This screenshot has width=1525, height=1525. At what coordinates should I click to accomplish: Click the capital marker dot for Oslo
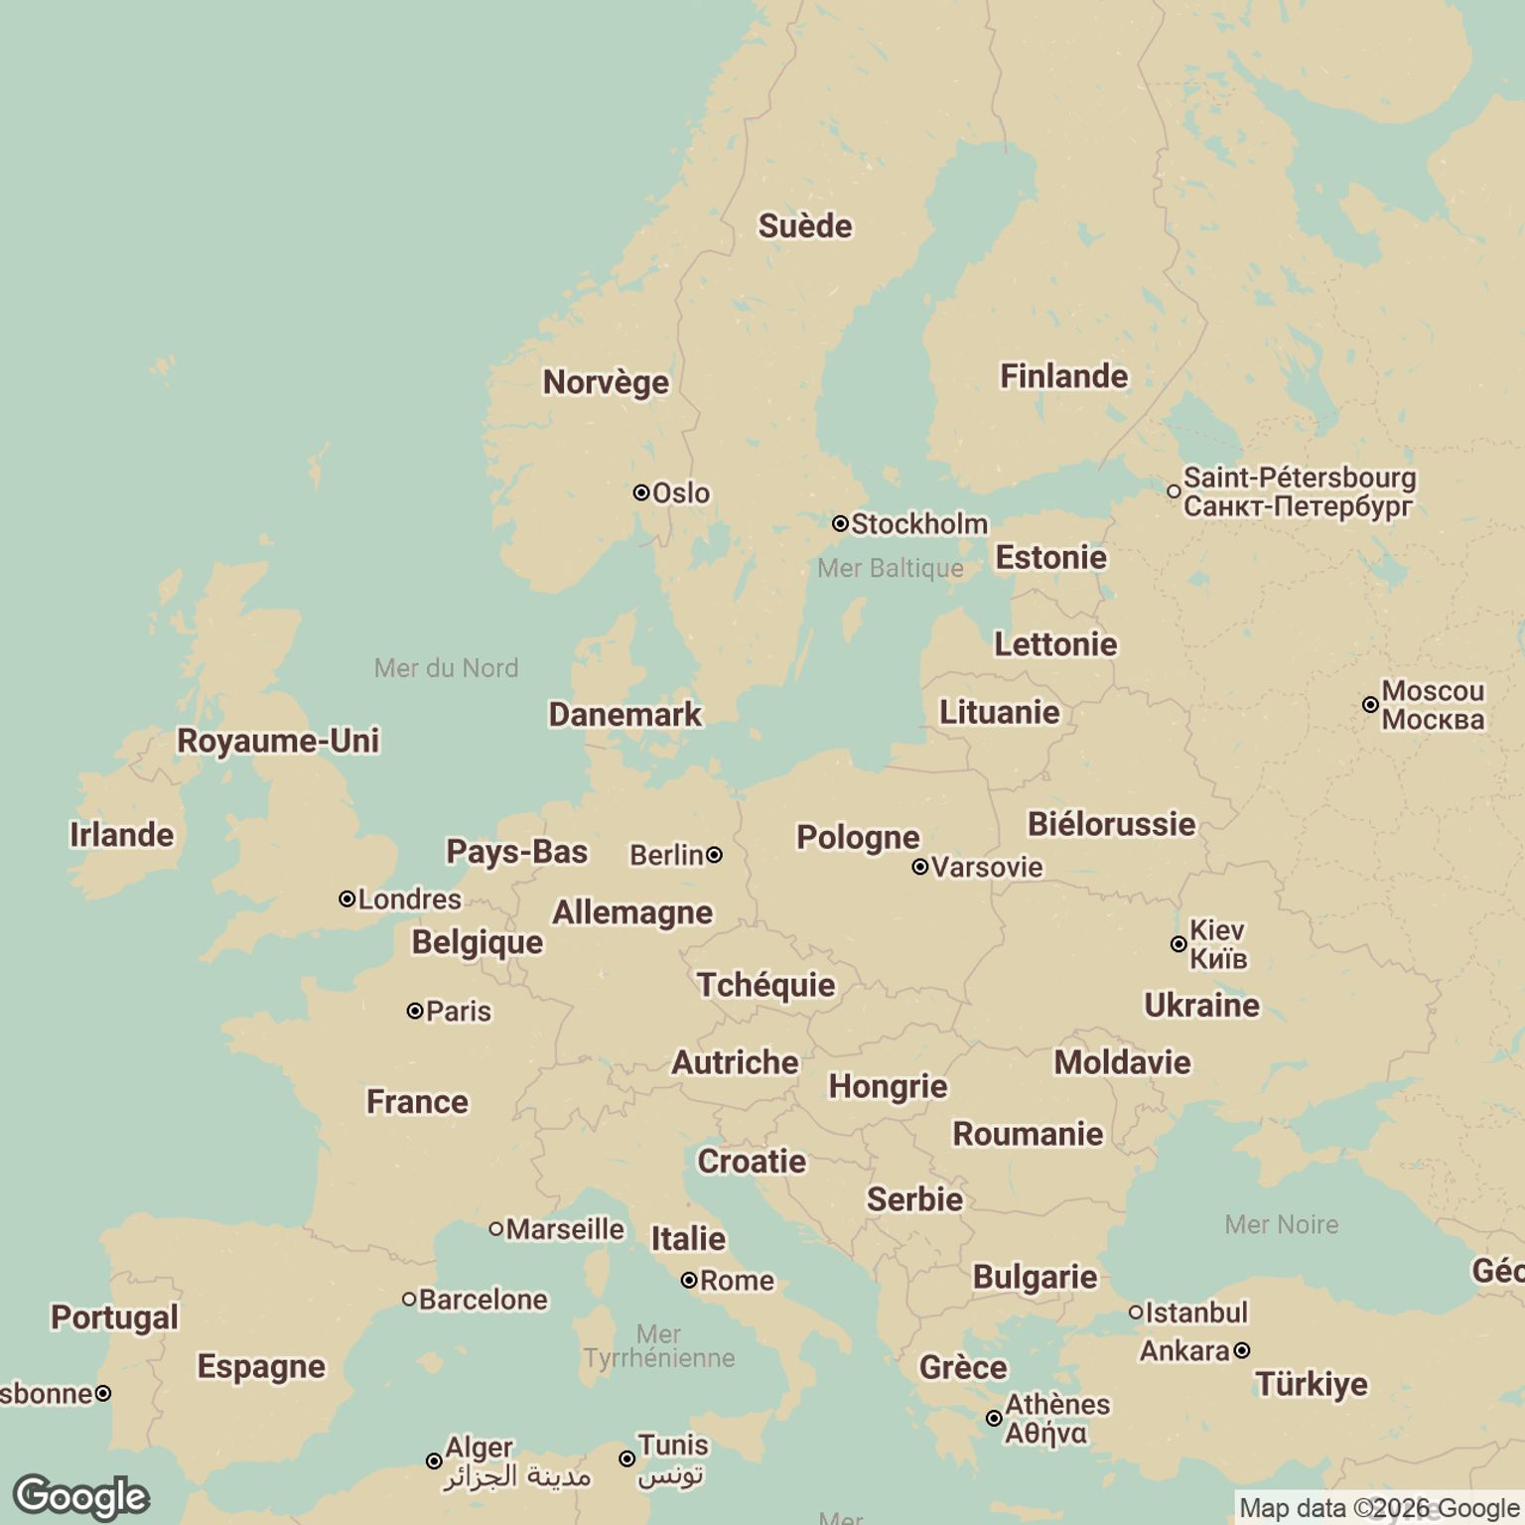tap(641, 492)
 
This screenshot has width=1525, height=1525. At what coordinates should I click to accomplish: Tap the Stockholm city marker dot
tap(840, 523)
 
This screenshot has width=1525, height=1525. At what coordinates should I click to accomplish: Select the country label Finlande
tap(1063, 376)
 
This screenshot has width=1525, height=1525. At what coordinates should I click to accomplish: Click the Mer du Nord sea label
tap(446, 668)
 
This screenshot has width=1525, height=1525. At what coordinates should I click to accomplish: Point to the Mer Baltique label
tap(890, 568)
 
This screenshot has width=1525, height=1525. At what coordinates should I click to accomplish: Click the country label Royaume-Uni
tap(278, 741)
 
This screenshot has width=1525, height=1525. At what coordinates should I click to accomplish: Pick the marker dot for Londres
tap(347, 900)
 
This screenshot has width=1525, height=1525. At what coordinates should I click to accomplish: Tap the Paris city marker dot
tap(415, 1011)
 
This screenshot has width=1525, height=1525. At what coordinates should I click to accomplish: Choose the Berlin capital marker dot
tap(714, 854)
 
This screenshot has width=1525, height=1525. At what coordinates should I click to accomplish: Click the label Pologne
tap(858, 837)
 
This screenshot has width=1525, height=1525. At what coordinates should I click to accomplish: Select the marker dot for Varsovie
tap(920, 867)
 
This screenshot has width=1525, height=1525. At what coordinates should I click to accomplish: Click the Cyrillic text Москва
tap(1433, 720)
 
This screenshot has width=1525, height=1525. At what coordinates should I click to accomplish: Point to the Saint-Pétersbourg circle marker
tap(1174, 491)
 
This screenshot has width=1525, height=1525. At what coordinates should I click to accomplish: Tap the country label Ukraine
tap(1201, 1005)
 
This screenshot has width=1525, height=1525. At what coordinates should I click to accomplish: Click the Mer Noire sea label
tap(1281, 1224)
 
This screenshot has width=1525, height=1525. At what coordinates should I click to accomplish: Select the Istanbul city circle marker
tap(1136, 1313)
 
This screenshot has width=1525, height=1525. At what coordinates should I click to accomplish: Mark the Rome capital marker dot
tap(689, 1281)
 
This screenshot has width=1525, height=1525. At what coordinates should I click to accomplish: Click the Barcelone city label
tap(483, 1300)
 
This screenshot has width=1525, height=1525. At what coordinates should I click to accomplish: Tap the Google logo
tap(81, 1497)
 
